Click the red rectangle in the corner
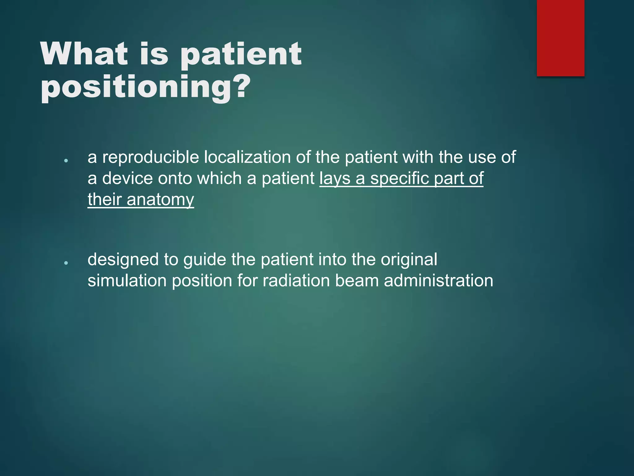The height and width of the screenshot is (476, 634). (560, 38)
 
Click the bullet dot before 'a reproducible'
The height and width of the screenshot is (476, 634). (66, 161)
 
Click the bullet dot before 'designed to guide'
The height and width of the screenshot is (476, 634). (66, 263)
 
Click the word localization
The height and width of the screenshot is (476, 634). (247, 157)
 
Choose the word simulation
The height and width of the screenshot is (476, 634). (127, 281)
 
